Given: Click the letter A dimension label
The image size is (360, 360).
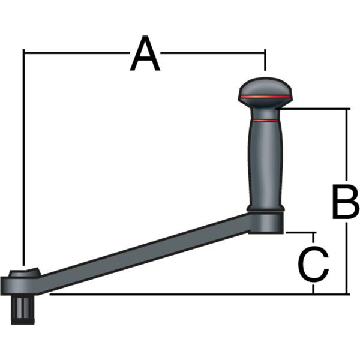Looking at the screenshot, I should click(145, 54).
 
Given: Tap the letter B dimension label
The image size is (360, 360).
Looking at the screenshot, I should click(346, 204).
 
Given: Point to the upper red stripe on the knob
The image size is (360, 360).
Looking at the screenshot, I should click(265, 96).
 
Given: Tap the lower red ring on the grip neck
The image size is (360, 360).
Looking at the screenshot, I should click(265, 121).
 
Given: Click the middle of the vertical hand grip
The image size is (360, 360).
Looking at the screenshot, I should click(265, 162).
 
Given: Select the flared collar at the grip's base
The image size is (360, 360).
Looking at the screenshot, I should click(265, 208).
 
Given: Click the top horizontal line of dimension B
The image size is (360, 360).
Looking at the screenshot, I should click(315, 109).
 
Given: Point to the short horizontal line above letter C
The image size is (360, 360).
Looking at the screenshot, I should click(300, 232).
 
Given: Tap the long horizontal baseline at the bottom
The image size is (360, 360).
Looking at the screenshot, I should click(180, 294).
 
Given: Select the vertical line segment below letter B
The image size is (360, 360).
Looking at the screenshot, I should click(347, 258).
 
